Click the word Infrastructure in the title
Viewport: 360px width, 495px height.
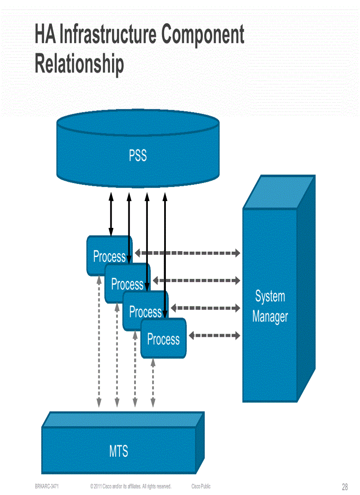pos(108,36)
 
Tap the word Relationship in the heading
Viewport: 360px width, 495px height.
pos(79,63)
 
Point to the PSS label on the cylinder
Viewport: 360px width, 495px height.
pos(138,156)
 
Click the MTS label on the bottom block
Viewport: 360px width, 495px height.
pos(119,451)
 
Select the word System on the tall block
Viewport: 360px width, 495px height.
pos(270,297)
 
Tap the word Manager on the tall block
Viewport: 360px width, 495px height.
pos(270,316)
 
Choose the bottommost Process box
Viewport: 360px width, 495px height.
pos(164,339)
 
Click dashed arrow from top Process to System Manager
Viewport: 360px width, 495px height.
pos(187,253)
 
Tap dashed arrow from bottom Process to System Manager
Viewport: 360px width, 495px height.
pos(214,335)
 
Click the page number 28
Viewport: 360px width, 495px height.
pos(345,487)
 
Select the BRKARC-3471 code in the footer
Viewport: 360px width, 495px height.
pos(47,486)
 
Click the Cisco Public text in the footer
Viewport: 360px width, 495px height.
pos(201,486)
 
